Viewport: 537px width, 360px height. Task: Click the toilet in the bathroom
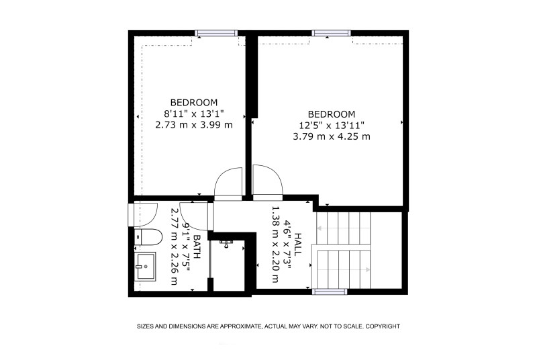point(148,237)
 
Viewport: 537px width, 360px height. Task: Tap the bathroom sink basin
point(145,267)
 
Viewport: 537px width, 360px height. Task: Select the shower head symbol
point(226,244)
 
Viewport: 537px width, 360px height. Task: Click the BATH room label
point(197,246)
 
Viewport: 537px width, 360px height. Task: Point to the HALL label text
point(298,244)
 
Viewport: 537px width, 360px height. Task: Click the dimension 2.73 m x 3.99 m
point(194,125)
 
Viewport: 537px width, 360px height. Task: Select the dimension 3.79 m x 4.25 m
point(332,136)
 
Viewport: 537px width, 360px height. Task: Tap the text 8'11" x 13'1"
point(194,114)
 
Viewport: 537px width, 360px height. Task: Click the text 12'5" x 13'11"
point(332,126)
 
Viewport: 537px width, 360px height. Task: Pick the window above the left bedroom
point(216,33)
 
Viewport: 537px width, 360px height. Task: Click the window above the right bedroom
point(331,33)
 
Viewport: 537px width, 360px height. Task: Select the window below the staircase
point(330,291)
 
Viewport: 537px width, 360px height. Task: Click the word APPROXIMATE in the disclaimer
point(240,326)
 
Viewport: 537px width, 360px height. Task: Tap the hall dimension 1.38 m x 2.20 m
point(275,244)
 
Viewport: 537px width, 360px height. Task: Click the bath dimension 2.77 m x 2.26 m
point(175,246)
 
